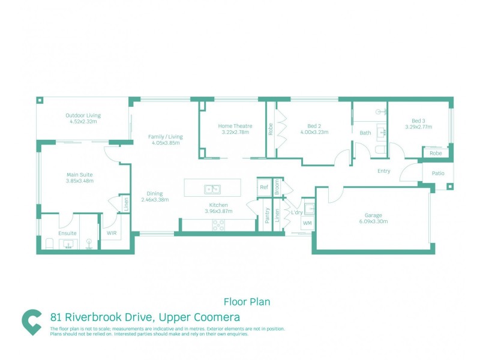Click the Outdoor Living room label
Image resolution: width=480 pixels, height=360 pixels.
point(83,115)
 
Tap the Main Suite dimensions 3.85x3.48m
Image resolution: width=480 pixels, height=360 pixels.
point(80,181)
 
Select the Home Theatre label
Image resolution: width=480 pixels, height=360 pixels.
point(235,126)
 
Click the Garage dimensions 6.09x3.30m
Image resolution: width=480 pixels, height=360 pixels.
point(373,221)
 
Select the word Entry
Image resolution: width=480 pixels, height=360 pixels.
point(384,171)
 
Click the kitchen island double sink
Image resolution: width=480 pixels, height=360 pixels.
point(212,189)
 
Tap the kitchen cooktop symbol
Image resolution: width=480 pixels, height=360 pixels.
point(218,226)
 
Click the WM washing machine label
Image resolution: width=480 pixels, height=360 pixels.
point(307,223)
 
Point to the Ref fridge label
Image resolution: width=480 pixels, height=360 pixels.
point(263,187)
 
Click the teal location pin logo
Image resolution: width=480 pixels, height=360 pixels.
point(31,322)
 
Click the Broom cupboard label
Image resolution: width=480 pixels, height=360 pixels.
point(278,187)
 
